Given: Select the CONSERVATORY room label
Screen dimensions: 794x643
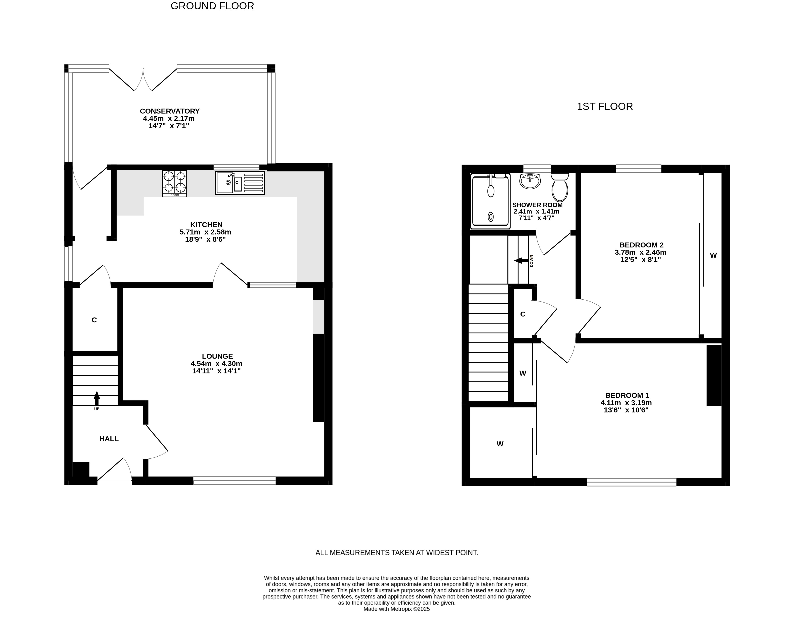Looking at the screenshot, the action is tap(170, 111).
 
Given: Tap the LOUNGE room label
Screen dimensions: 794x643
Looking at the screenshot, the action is tap(218, 356).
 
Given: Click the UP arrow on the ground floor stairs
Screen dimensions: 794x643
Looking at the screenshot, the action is tap(97, 399).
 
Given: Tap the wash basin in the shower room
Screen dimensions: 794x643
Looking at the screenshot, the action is tap(530, 181).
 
